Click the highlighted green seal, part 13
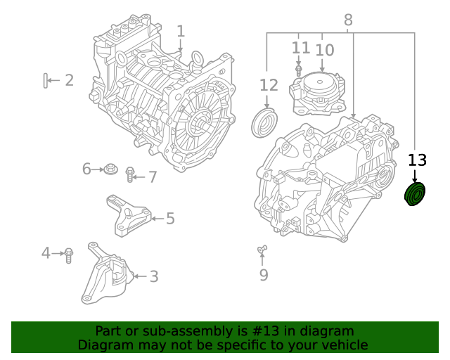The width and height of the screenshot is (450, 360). pyautogui.click(x=415, y=195)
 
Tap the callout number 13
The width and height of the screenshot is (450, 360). pyautogui.click(x=417, y=160)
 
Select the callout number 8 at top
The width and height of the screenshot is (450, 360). pyautogui.click(x=348, y=20)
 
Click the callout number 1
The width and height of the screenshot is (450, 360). pyautogui.click(x=181, y=31)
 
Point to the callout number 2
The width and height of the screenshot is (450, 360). pyautogui.click(x=69, y=80)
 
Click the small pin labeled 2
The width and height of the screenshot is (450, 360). pyautogui.click(x=46, y=81)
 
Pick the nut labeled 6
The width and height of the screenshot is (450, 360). pyautogui.click(x=110, y=169)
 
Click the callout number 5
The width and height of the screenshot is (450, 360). pyautogui.click(x=170, y=219)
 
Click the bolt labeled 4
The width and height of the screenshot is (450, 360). pyautogui.click(x=69, y=255)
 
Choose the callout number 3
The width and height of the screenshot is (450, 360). pyautogui.click(x=153, y=277)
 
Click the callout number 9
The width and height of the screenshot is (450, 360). pyautogui.click(x=264, y=275)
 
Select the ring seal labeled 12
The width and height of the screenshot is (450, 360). pyautogui.click(x=262, y=122)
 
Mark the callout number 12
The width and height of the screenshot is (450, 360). pyautogui.click(x=269, y=86)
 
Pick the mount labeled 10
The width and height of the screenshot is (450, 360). pyautogui.click(x=318, y=93)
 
